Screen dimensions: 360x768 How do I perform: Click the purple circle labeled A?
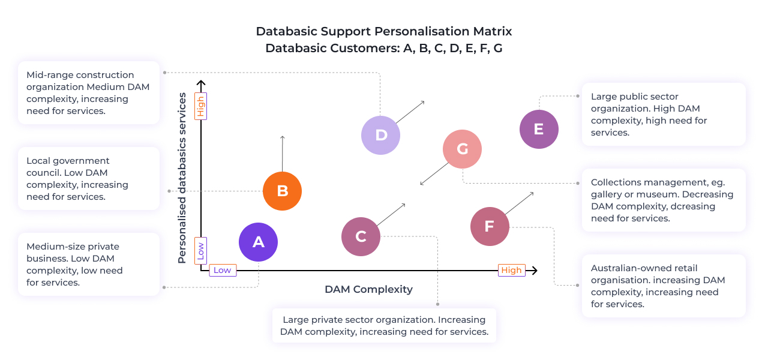pyautogui.click(x=258, y=242)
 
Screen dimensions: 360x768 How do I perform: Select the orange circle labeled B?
pyautogui.click(x=282, y=191)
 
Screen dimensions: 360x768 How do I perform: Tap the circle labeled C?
pyautogui.click(x=361, y=236)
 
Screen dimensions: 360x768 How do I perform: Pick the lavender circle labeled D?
pyautogui.click(x=380, y=135)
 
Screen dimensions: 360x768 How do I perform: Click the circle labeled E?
pyautogui.click(x=539, y=129)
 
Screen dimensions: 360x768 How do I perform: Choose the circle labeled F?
pyautogui.click(x=490, y=226)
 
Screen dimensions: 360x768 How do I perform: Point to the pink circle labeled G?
pyautogui.click(x=462, y=149)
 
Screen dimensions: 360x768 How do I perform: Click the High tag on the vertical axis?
pyautogui.click(x=201, y=106)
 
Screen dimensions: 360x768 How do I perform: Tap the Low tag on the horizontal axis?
pyautogui.click(x=223, y=270)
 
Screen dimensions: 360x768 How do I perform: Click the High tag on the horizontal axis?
pyautogui.click(x=511, y=270)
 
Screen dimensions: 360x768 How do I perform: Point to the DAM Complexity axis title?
pyautogui.click(x=368, y=289)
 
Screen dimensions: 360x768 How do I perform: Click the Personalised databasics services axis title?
pyautogui.click(x=182, y=178)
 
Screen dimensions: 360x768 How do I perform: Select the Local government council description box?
pyautogui.click(x=89, y=178)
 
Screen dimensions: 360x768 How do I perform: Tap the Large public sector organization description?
pyautogui.click(x=663, y=114)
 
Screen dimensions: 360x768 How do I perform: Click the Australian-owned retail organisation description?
pyautogui.click(x=663, y=286)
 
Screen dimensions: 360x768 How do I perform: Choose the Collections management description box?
pyautogui.click(x=663, y=200)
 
